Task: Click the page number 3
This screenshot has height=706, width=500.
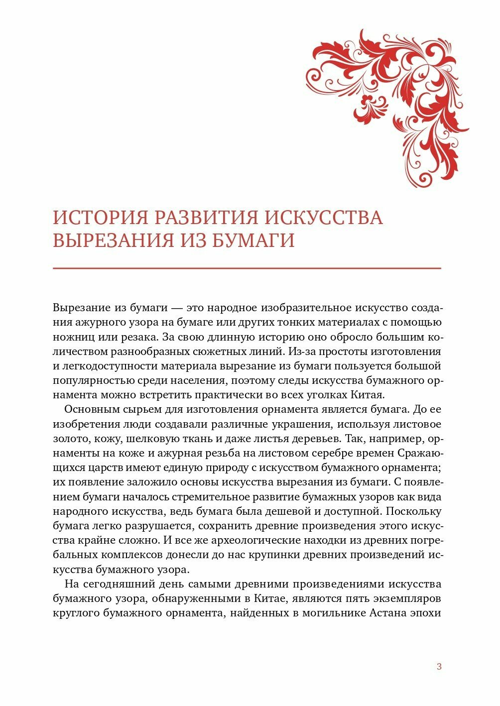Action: pyautogui.click(x=439, y=667)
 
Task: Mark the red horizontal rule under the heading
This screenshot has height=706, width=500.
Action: pyautogui.click(x=247, y=268)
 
